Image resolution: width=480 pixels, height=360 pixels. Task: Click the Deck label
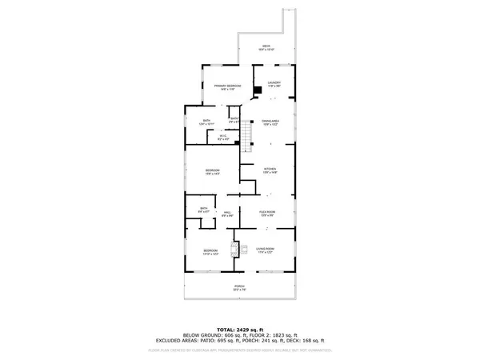tap(267, 47)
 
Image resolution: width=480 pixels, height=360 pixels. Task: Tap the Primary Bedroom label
tap(227, 86)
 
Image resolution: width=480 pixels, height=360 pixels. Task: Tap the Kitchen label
tap(270, 170)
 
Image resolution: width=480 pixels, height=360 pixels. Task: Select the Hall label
tap(227, 214)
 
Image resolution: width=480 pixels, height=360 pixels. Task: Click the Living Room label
tap(266, 250)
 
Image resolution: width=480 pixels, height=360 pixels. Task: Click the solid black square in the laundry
tap(256, 90)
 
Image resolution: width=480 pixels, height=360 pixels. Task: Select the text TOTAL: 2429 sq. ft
tap(240, 329)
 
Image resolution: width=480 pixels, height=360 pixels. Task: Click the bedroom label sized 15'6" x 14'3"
tap(212, 171)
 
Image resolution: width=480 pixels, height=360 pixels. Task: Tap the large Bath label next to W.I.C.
tap(206, 122)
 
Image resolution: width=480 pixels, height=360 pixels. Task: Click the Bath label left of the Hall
tap(204, 210)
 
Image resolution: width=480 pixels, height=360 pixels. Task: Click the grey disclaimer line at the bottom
tap(240, 350)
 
